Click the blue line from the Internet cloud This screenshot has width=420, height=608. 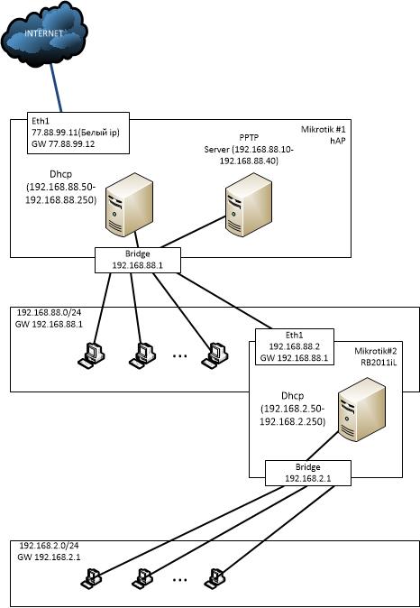(x=55, y=88)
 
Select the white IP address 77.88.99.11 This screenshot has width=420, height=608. (x=50, y=133)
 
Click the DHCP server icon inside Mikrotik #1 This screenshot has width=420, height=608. (x=129, y=204)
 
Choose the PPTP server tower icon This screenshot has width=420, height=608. (x=248, y=204)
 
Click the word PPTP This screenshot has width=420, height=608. (x=249, y=138)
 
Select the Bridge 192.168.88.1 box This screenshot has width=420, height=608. (x=138, y=260)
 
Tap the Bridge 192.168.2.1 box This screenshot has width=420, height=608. (x=308, y=473)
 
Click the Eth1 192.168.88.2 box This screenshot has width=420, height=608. (x=295, y=346)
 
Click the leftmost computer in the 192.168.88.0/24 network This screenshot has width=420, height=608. (x=91, y=355)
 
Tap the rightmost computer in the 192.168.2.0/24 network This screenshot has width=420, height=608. (x=215, y=578)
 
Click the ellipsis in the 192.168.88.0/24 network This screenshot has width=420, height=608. (x=179, y=356)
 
